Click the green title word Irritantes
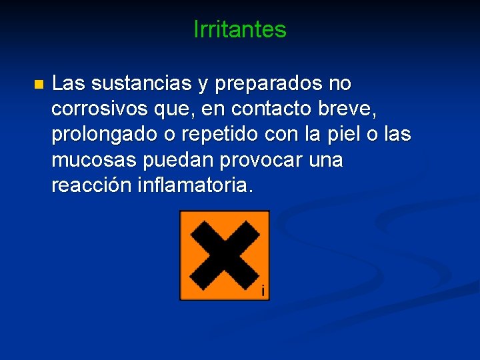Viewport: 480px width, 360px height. coord(239,29)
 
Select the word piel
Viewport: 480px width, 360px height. coord(346,135)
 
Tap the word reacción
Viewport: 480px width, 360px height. coord(91,186)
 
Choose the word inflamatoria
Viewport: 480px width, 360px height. coord(194,186)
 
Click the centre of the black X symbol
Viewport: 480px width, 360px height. coord(224,254)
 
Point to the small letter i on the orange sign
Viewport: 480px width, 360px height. coord(263,291)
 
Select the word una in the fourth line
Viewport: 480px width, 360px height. coord(323,161)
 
